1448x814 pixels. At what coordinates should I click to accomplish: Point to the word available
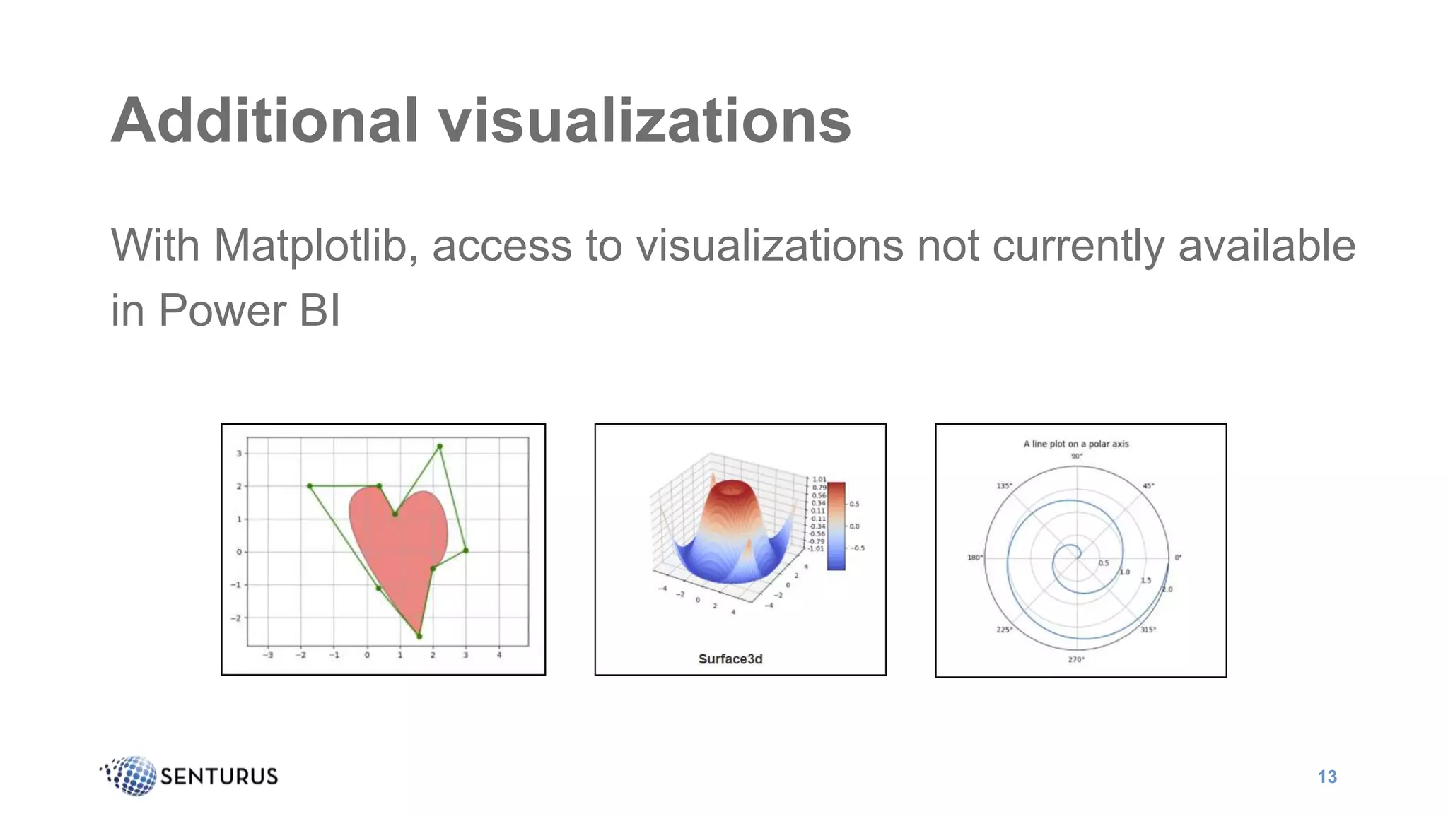(x=1266, y=246)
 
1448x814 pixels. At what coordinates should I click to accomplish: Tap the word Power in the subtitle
(x=222, y=310)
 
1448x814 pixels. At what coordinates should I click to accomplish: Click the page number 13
(x=1327, y=777)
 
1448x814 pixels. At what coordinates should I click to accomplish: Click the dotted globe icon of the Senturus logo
(x=132, y=775)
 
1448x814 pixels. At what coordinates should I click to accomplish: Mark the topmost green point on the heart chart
(x=440, y=447)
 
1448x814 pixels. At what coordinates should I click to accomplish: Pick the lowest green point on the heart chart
(x=419, y=636)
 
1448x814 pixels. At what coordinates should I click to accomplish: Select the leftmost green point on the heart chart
(x=310, y=486)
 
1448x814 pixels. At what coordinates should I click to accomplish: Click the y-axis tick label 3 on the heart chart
(x=239, y=454)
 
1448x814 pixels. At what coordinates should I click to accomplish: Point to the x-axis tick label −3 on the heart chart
(x=268, y=655)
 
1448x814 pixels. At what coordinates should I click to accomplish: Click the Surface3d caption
(x=730, y=659)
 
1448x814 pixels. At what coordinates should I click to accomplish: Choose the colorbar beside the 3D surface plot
(x=836, y=526)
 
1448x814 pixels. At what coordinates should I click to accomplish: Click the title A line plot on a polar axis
(x=1076, y=444)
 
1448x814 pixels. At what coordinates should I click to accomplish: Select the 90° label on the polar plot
(x=1076, y=456)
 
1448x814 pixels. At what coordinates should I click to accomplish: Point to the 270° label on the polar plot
(x=1076, y=659)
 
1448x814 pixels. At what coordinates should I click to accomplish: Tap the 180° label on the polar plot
(x=975, y=558)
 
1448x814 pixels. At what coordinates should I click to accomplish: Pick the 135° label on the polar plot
(x=1004, y=486)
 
